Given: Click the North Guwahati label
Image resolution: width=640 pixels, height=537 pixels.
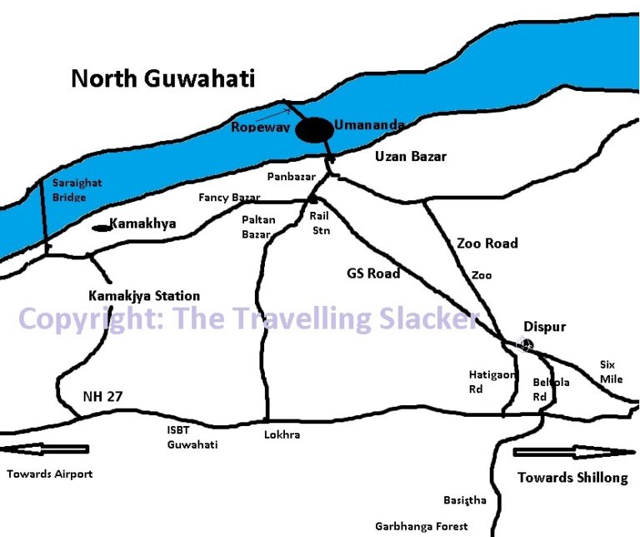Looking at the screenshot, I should pos(162,79).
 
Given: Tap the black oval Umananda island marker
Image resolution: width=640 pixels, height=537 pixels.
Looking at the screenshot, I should pos(315,130).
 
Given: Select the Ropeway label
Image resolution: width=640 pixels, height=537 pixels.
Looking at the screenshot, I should pos(260,128).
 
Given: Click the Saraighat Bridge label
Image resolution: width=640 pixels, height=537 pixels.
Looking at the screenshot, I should pos(70,189).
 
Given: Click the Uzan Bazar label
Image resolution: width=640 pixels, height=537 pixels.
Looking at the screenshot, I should pos(410,157).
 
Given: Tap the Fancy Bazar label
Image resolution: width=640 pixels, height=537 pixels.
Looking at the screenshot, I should pos(229,198).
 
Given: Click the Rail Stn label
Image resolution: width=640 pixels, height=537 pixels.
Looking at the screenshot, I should pos(320,223).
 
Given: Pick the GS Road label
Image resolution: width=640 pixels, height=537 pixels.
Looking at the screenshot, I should pos(373,274).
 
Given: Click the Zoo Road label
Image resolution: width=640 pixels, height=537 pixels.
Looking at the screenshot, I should pos(487,243).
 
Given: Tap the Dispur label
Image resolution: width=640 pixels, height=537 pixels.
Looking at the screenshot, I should pos(544,327).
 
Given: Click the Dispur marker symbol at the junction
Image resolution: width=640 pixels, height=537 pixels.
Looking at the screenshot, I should pos(525,343).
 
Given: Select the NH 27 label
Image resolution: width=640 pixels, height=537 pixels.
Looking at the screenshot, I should pos(102,397).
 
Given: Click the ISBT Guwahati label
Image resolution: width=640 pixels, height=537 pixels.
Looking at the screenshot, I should pos(192,439).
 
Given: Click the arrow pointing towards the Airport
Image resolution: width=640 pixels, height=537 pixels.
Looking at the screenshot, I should pos(45,449).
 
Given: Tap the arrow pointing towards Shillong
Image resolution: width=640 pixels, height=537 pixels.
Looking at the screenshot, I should pos(573,452).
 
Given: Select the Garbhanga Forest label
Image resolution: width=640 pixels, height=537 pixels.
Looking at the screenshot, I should pos(421,527).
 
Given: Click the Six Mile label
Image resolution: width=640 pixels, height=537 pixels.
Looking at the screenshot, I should pos(612,372).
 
